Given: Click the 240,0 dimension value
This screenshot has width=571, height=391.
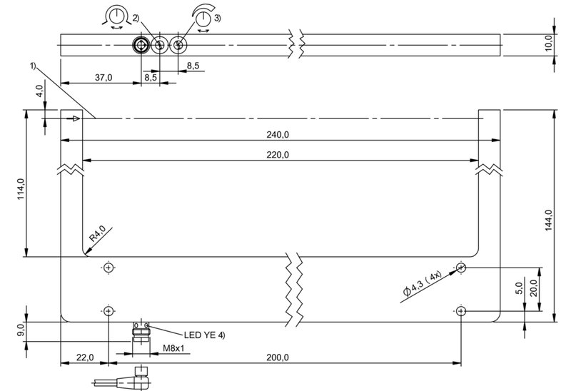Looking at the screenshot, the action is [x=278, y=135].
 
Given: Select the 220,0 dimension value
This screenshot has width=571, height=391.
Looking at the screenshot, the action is [x=278, y=155].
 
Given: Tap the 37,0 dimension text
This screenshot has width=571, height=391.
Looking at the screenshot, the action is [x=103, y=78].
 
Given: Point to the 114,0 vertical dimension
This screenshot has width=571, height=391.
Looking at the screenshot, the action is [x=21, y=188].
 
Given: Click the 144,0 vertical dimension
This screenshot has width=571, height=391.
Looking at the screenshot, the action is [x=548, y=220].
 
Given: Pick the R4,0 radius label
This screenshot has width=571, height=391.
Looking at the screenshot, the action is [x=97, y=233].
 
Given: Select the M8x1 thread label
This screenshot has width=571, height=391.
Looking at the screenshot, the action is [x=173, y=348].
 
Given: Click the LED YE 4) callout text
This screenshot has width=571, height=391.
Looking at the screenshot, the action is [x=204, y=335].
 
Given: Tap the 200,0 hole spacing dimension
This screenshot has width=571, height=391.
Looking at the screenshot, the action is [x=278, y=357].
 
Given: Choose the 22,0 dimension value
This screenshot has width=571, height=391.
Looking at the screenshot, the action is [x=85, y=357].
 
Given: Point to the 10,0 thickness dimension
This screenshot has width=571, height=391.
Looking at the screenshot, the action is [x=549, y=43].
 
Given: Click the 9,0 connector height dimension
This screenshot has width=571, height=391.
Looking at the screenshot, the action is [x=21, y=330].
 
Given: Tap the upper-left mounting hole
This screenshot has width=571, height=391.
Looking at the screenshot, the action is [x=108, y=268].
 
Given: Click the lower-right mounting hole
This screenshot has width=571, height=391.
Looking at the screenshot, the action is [x=461, y=311].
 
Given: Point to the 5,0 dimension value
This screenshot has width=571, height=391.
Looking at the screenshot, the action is [x=520, y=288].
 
